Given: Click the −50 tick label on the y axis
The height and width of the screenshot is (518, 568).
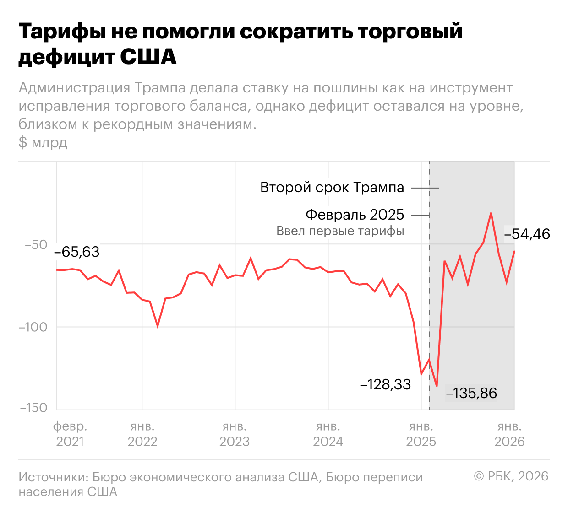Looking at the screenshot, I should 36,244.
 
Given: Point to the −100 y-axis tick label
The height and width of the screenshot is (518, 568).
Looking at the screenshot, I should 33,327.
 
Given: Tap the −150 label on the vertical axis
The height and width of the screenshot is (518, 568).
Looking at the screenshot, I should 33,408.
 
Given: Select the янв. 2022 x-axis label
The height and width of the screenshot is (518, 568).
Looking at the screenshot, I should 142,434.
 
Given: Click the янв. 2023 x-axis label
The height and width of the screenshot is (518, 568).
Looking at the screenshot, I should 235,434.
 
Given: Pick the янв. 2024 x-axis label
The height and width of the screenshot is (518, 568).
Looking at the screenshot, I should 328,434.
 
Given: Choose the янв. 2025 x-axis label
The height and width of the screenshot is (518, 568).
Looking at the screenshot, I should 421,434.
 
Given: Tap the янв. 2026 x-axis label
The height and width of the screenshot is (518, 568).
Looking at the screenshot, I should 510,434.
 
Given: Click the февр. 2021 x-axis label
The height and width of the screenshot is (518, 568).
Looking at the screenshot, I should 70,434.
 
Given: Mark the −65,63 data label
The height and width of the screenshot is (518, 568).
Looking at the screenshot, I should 76,252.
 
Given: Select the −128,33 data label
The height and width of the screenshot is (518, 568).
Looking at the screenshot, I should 386,384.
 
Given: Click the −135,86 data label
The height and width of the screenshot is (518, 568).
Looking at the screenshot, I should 471,393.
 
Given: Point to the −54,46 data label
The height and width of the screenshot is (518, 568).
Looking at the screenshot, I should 527,234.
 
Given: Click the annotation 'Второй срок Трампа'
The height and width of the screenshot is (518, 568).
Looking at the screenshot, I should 332,187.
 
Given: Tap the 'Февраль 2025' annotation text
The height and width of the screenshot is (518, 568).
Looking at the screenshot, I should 355,215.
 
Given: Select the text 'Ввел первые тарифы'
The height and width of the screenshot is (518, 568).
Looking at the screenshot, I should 340,231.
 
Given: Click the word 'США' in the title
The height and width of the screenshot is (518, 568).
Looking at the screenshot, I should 148,57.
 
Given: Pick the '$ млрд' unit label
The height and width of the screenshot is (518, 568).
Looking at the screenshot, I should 43,142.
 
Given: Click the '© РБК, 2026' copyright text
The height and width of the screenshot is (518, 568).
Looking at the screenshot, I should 511,476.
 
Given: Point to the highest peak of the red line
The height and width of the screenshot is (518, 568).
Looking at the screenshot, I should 491,213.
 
